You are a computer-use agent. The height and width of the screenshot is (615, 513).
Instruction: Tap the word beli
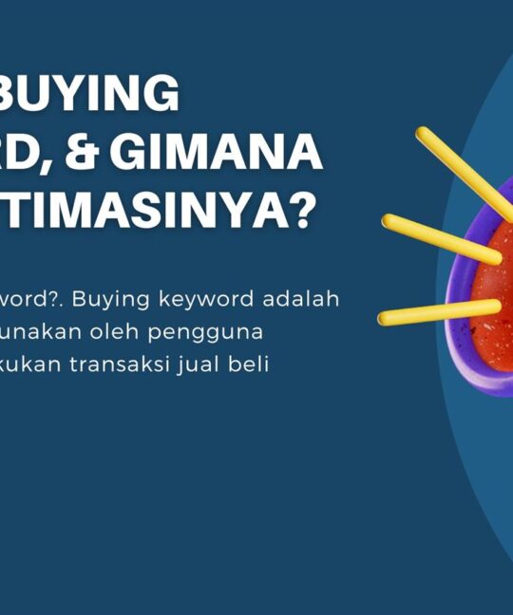coord(252,364)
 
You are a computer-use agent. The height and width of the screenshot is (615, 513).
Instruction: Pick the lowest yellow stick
coord(438,312)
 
